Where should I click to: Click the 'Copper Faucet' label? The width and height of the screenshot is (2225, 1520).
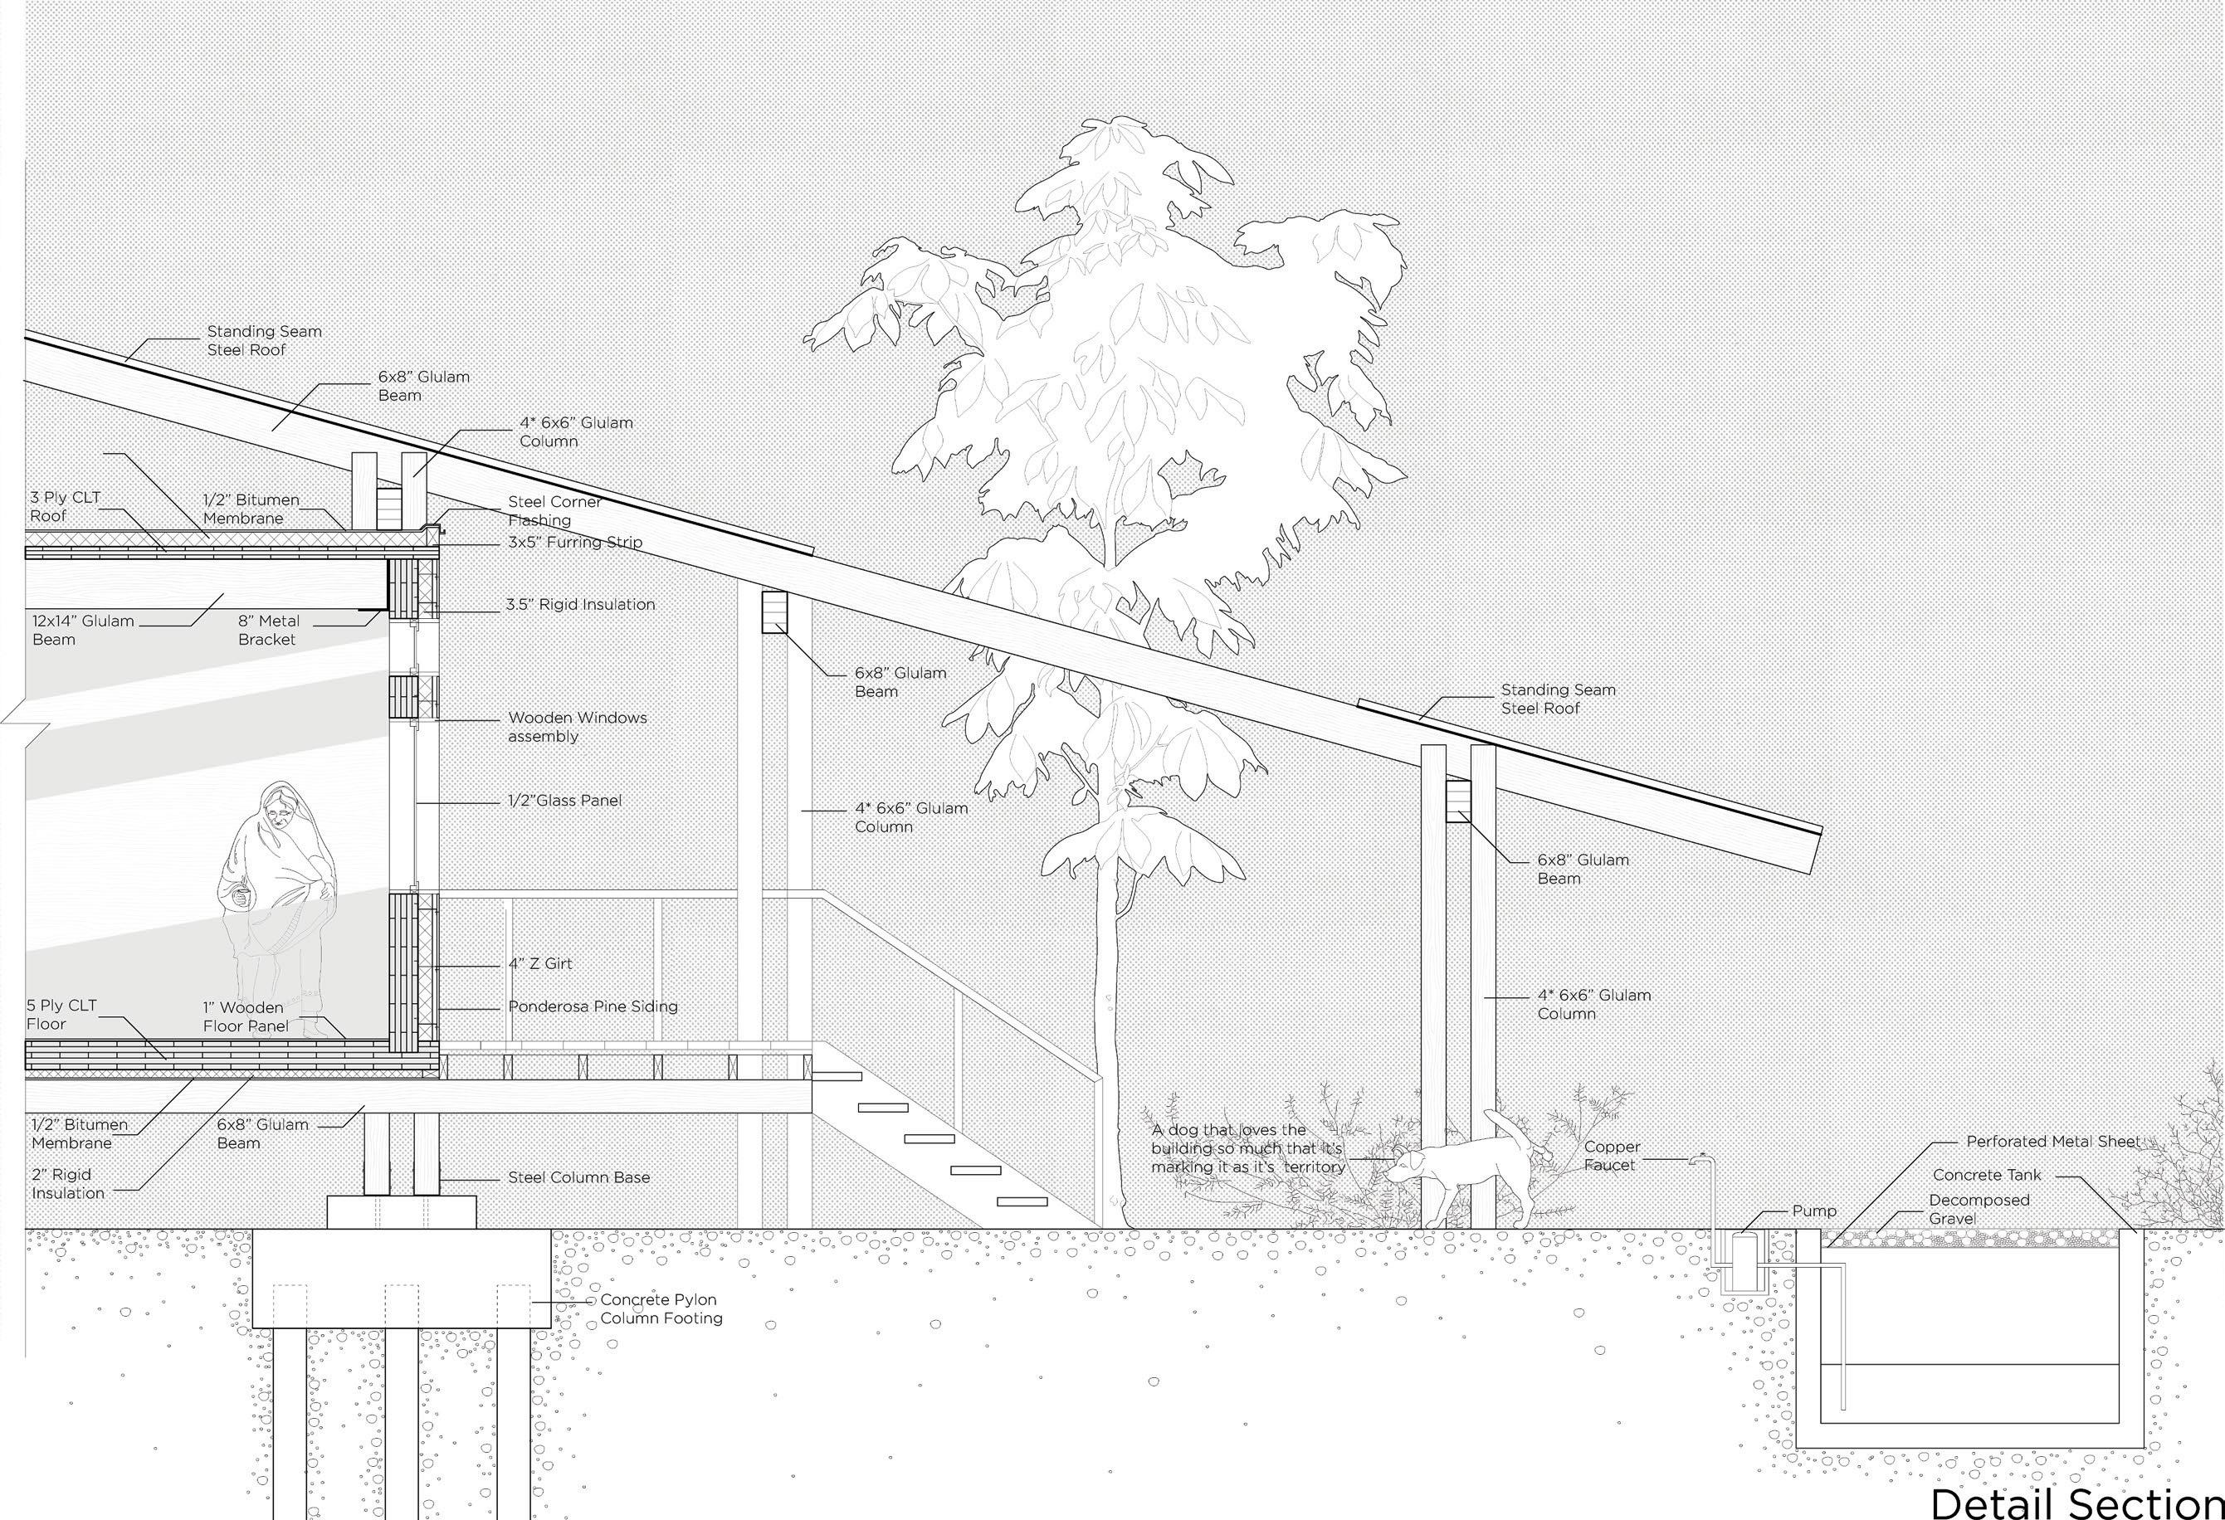(x=1612, y=1155)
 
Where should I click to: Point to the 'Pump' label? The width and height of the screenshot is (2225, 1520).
(x=1814, y=1211)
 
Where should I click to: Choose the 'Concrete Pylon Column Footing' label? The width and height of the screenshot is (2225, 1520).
(x=661, y=1308)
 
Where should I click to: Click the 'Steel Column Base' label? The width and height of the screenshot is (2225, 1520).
(x=578, y=1177)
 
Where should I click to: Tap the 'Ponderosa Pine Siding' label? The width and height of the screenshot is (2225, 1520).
(x=593, y=1006)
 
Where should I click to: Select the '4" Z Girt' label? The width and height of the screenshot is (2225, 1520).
(x=540, y=964)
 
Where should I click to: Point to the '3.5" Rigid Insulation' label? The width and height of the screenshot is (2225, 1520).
(x=580, y=604)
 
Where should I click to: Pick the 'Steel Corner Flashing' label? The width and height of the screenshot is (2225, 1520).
(x=554, y=511)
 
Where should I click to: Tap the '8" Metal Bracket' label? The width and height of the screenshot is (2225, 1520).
(x=268, y=630)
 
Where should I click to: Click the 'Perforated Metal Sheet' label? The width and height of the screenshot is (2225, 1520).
(x=2052, y=1141)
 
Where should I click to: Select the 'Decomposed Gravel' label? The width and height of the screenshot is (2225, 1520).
(x=1978, y=1209)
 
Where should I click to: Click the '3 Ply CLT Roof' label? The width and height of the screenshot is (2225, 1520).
(x=64, y=506)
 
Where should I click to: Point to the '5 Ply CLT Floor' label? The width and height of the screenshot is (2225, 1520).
(x=61, y=1014)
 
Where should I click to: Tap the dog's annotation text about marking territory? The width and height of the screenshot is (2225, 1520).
(x=1247, y=1148)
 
